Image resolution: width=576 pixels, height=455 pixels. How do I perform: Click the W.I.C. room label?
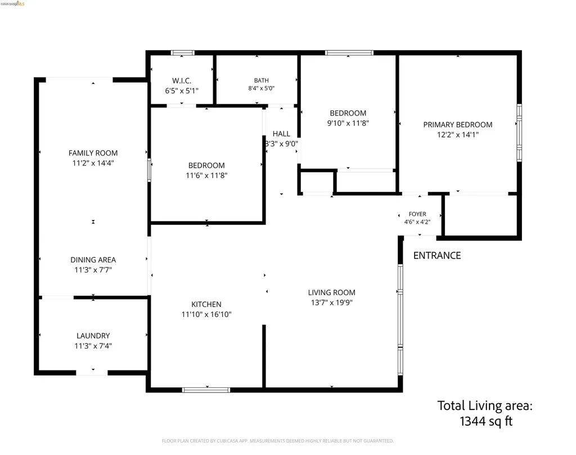[x=182, y=81]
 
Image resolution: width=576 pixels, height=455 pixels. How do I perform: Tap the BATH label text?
[x=261, y=80]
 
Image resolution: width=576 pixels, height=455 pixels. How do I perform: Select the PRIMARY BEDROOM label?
[x=458, y=124]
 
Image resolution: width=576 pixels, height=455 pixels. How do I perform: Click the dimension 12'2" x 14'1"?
[x=458, y=135]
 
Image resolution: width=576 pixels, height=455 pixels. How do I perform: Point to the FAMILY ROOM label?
[x=93, y=153]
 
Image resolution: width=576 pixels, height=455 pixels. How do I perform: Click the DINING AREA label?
[x=93, y=260]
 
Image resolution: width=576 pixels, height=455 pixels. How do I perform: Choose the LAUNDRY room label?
[x=93, y=336]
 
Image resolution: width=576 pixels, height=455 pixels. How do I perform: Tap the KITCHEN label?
[x=206, y=304]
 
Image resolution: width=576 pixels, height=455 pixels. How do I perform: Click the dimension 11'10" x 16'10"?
[x=206, y=314]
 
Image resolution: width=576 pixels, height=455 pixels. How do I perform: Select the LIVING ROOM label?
[x=332, y=292]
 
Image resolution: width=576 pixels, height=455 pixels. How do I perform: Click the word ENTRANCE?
[x=437, y=256]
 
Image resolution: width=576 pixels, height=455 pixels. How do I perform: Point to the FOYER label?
[x=417, y=214]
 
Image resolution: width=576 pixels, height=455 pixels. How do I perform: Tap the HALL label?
[x=281, y=134]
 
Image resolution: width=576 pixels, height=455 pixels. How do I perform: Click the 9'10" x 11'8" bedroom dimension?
[x=348, y=123]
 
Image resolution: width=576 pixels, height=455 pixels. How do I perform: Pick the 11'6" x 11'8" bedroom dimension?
[x=206, y=176]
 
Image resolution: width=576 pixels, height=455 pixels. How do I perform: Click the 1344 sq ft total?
[x=486, y=421]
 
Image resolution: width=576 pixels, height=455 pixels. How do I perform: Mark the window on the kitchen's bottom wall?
[x=206, y=390]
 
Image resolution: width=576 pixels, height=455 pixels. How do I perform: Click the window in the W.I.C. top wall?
[x=183, y=53]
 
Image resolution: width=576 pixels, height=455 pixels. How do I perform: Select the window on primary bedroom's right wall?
[x=519, y=133]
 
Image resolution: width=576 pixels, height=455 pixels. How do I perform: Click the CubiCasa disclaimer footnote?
[x=278, y=441]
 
